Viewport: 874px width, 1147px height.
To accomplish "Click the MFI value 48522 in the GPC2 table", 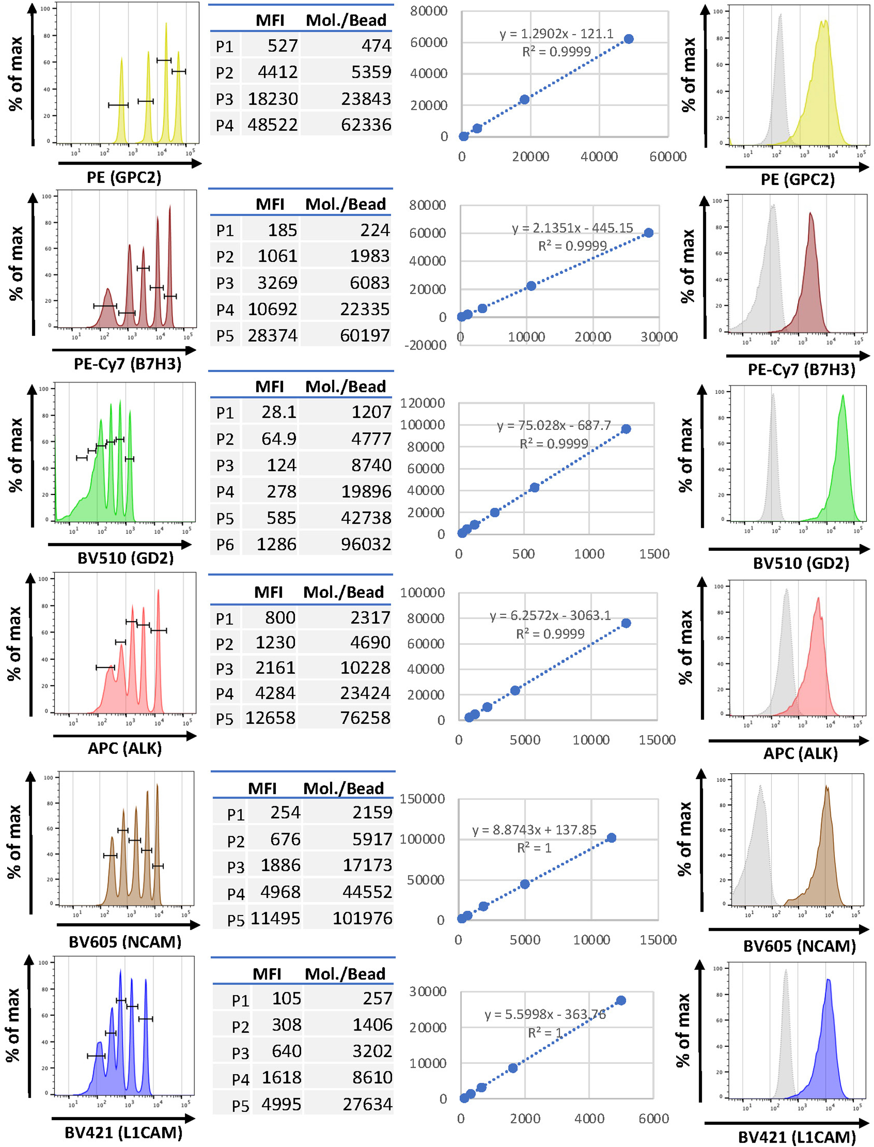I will tap(273, 125).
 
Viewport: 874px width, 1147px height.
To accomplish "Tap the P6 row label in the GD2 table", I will tap(225, 545).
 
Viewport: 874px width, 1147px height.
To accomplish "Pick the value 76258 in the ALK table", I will tap(365, 718).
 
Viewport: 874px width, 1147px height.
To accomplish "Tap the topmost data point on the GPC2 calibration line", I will tap(629, 39).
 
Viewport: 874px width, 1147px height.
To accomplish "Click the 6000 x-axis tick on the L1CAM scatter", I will tap(654, 1118).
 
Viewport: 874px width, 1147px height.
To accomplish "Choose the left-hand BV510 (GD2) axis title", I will tap(125, 558).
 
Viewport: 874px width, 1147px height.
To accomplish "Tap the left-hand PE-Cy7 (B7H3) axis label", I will tap(127, 364).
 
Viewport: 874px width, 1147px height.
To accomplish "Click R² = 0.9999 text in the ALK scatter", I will tap(550, 634).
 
